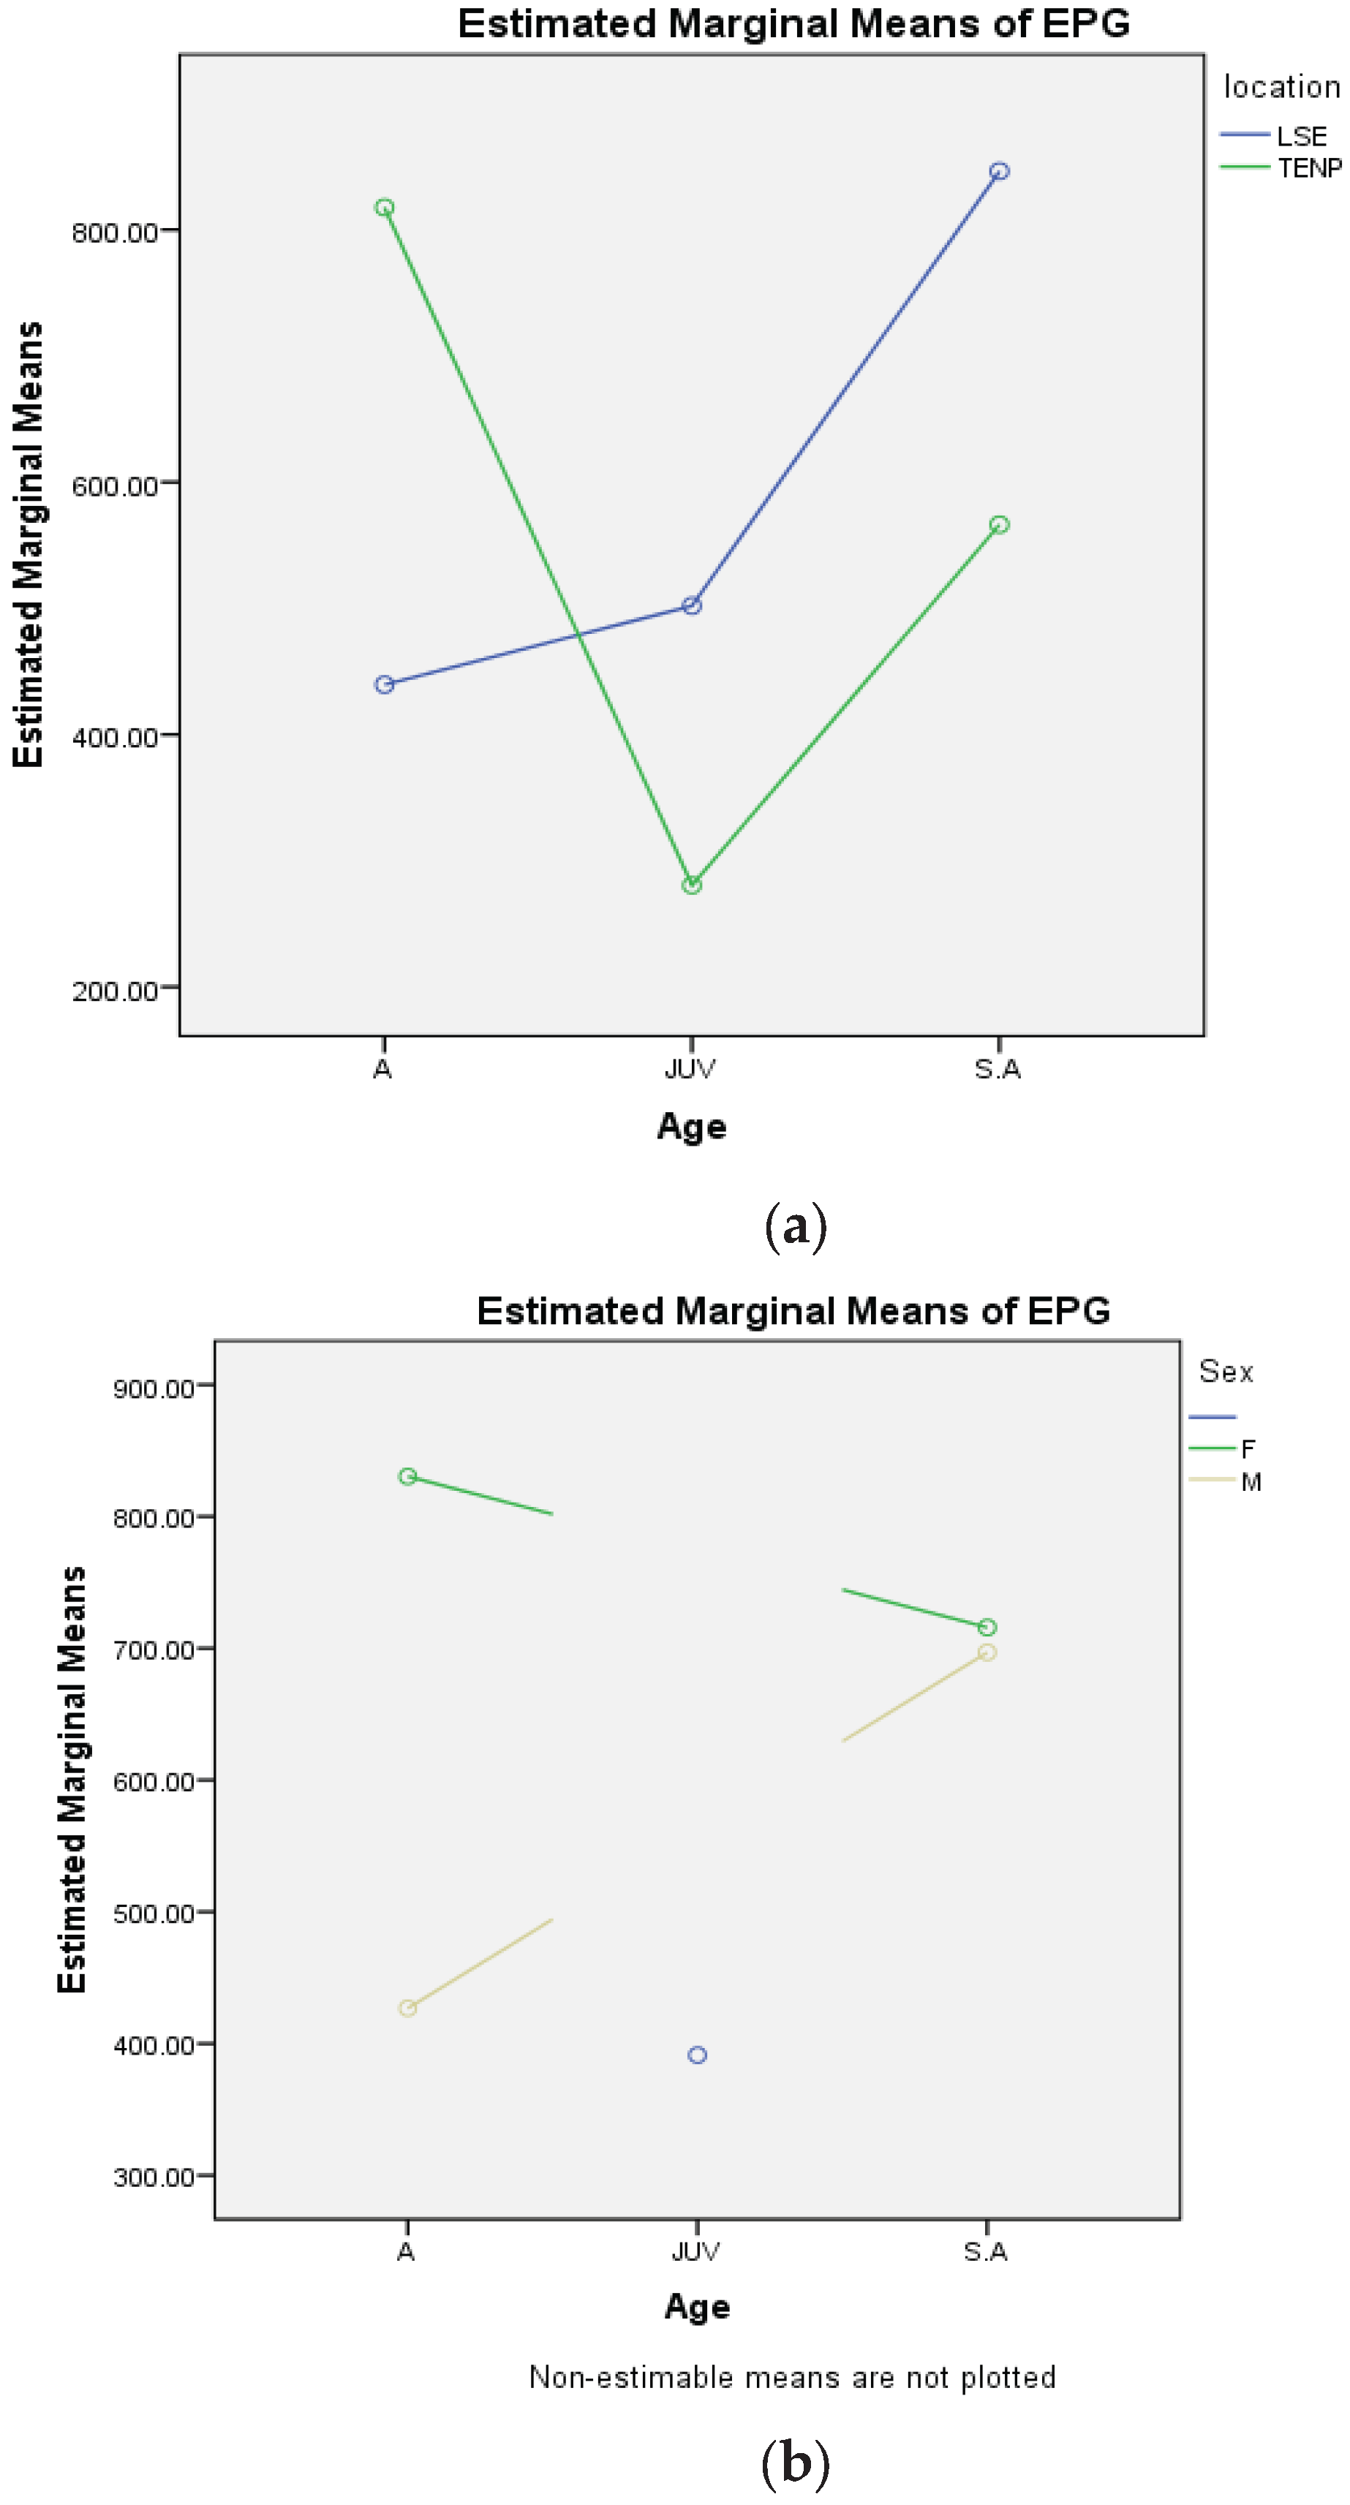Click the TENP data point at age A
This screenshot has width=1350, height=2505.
[384, 207]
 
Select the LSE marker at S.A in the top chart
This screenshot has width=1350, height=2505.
[999, 171]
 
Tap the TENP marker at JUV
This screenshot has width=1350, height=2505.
[692, 885]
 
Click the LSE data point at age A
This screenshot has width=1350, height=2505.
[384, 684]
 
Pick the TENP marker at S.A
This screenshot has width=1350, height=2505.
[999, 525]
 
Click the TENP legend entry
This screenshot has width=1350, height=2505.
[1308, 168]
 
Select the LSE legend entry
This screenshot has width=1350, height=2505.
[1300, 136]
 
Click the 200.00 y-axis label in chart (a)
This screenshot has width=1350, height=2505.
[115, 991]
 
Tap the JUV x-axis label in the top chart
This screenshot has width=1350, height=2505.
[690, 1070]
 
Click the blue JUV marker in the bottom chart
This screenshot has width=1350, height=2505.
[698, 2055]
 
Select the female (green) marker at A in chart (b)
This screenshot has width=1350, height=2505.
[407, 1476]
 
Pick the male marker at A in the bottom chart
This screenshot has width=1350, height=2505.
[407, 2008]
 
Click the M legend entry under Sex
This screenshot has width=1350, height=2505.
[1250, 1482]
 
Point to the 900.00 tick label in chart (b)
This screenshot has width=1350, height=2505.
[154, 1388]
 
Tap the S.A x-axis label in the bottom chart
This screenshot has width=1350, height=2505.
[985, 2251]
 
